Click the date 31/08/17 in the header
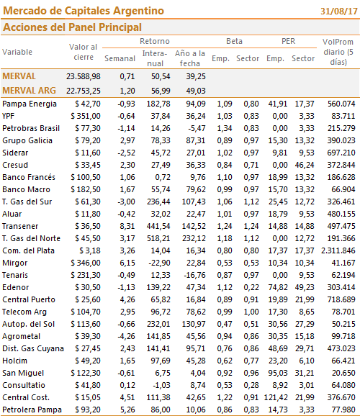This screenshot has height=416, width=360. click(339, 12)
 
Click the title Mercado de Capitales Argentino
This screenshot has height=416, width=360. click(84, 11)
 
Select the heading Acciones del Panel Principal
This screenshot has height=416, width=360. click(72, 27)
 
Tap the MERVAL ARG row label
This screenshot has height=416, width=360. click(30, 91)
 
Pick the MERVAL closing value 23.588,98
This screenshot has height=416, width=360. click(84, 76)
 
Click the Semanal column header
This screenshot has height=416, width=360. click(120, 58)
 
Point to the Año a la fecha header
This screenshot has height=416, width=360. click(190, 58)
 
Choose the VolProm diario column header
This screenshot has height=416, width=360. click(338, 52)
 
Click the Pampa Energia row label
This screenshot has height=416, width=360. click(30, 104)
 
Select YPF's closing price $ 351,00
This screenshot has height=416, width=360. click(86, 116)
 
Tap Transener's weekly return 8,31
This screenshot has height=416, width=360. click(127, 226)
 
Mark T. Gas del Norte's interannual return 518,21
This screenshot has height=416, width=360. click(158, 238)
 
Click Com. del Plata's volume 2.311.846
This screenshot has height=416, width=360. click(338, 250)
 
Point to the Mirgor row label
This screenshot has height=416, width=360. click(15, 263)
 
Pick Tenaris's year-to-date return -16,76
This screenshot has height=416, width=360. click(195, 275)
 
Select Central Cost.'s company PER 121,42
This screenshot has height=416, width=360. click(276, 397)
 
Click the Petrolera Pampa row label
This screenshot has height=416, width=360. click(32, 410)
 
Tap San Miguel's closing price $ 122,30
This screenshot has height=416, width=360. click(86, 373)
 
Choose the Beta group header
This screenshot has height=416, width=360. click(234, 42)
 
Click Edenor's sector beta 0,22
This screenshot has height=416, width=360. click(251, 287)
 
